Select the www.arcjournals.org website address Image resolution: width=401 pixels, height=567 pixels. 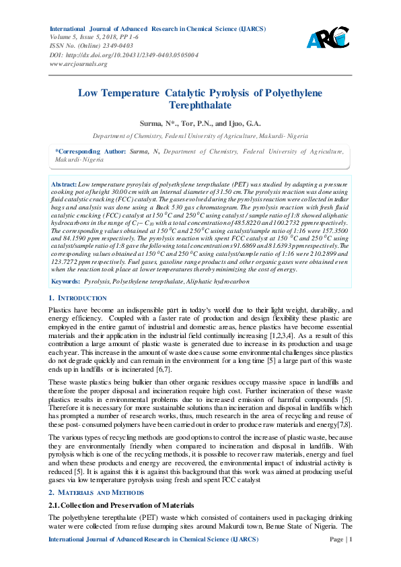click(79, 63)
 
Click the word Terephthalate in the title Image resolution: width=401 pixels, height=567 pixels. click(200, 106)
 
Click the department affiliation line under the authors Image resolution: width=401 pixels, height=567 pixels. click(200, 135)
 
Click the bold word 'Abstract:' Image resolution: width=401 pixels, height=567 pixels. click(65, 183)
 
